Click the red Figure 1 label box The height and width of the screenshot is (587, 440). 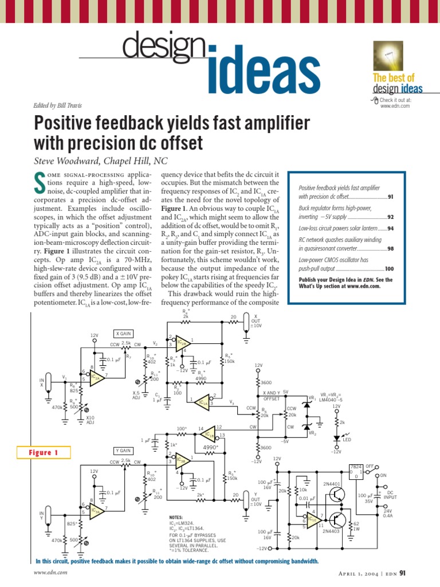(48, 453)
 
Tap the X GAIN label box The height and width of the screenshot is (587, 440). (124, 333)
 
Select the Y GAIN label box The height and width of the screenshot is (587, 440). (124, 450)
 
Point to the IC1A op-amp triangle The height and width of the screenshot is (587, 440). (203, 402)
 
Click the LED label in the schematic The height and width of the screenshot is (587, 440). (347, 440)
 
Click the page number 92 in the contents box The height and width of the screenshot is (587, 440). (390, 217)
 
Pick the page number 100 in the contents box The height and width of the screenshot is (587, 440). (389, 268)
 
